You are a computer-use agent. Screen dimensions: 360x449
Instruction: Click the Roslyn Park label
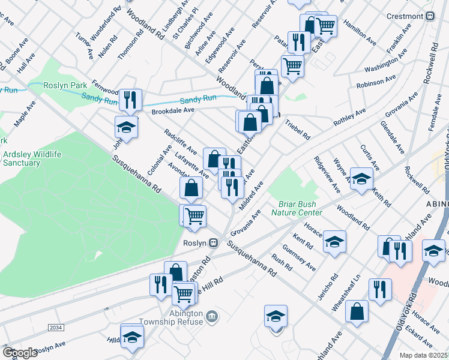(x=65, y=85)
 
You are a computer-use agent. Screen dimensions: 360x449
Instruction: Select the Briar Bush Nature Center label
(x=297, y=208)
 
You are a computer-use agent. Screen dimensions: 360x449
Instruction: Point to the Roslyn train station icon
(x=213, y=243)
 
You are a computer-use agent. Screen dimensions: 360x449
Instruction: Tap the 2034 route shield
(x=55, y=327)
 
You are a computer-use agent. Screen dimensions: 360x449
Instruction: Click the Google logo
(x=19, y=353)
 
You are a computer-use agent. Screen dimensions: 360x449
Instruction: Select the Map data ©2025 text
(x=423, y=355)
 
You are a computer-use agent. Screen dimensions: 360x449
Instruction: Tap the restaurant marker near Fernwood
(x=130, y=99)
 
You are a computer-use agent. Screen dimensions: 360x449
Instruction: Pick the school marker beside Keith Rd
(x=361, y=179)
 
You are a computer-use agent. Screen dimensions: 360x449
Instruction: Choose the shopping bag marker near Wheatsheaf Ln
(x=357, y=311)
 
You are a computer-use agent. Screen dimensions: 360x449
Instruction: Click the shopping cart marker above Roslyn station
(x=194, y=216)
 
